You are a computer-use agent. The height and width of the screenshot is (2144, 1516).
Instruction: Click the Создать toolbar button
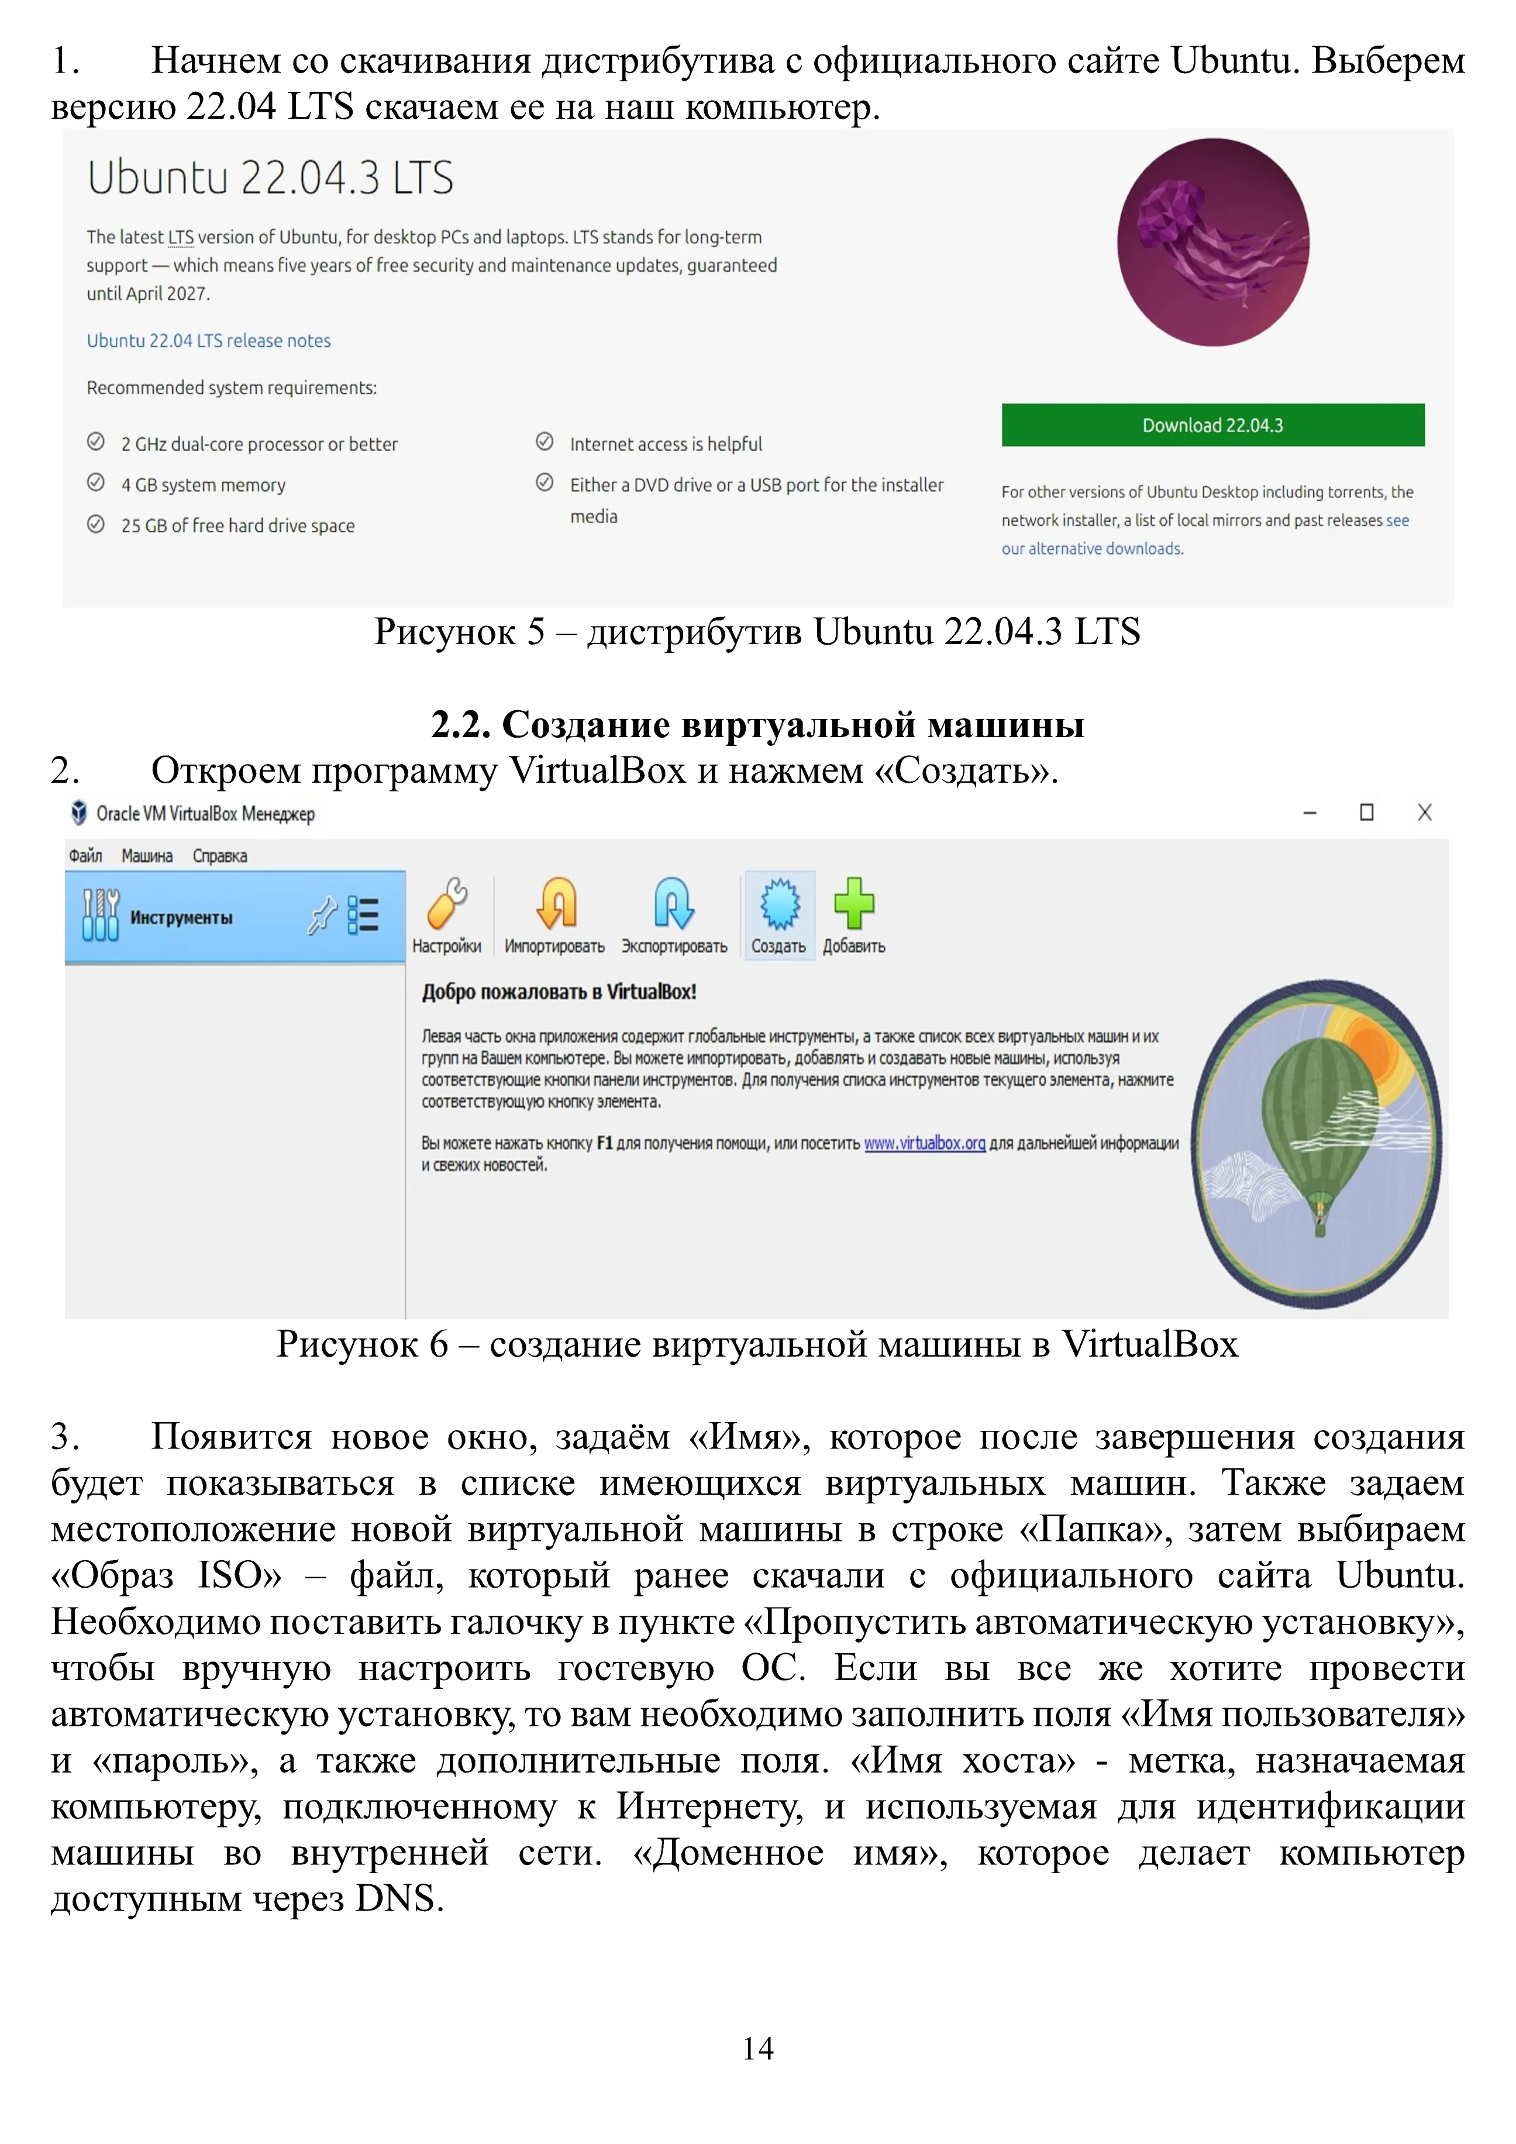[x=778, y=915]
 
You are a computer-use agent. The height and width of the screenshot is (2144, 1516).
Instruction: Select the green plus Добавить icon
[x=853, y=904]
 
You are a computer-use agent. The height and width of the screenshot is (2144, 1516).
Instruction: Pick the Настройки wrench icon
[x=447, y=904]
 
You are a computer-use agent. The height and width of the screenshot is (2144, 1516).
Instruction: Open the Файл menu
[x=85, y=855]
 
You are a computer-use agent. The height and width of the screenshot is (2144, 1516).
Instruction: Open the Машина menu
[x=147, y=855]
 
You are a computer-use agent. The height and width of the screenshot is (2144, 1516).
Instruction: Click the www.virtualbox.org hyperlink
[x=924, y=1143]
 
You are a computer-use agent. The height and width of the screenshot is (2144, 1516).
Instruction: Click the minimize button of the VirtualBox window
[x=1310, y=813]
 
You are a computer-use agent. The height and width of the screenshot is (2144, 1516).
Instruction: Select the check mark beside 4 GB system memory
[x=95, y=483]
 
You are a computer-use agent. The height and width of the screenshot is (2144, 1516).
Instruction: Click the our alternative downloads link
[x=1091, y=549]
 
